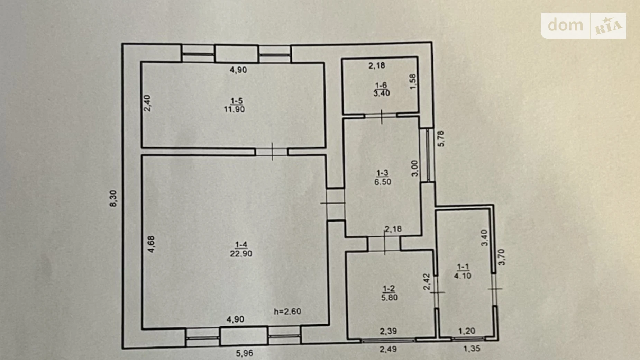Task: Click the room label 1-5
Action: click(x=237, y=101)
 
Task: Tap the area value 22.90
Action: click(x=241, y=254)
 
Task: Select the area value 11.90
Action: click(x=234, y=109)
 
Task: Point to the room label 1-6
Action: click(x=381, y=85)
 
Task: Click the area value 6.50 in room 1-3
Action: click(x=383, y=182)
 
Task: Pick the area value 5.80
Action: click(x=389, y=297)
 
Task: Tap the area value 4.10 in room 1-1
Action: click(x=463, y=276)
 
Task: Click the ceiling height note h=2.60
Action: click(x=287, y=312)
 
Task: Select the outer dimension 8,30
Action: click(x=113, y=198)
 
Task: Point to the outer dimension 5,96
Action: click(x=244, y=353)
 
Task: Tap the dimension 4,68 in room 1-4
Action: click(x=151, y=244)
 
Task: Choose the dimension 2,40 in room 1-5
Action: click(x=147, y=103)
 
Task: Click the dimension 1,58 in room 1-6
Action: click(x=413, y=82)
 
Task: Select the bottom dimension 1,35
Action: click(x=472, y=349)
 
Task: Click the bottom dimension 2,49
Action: click(x=388, y=349)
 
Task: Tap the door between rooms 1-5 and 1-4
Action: click(x=272, y=152)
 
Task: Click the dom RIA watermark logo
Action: click(x=583, y=26)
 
